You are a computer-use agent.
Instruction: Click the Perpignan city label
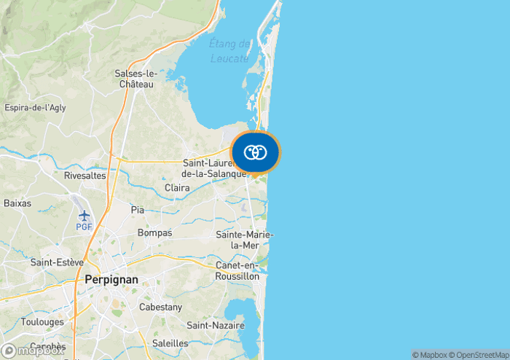[x=111, y=279]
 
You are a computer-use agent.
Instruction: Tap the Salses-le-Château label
[x=136, y=79]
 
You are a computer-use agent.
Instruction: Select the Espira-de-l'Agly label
[x=35, y=108]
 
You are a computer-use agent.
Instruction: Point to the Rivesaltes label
[x=85, y=176]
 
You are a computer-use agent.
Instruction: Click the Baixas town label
[x=17, y=203]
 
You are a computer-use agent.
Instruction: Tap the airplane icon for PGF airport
[x=85, y=215]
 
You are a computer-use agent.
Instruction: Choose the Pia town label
[x=138, y=210]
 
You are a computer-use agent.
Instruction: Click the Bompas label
[x=154, y=233]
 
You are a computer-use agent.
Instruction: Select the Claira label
[x=177, y=188]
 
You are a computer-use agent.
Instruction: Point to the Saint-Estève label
[x=58, y=262]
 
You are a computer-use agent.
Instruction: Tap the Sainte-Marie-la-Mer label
[x=244, y=240]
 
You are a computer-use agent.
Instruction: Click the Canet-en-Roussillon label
[x=238, y=270]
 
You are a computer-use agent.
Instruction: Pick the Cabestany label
[x=160, y=308]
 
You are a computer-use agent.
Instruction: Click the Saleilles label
[x=170, y=343]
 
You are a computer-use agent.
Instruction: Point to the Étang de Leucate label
[x=229, y=51]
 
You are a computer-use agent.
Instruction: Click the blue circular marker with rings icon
[x=255, y=152]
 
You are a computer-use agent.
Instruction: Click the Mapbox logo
[x=32, y=351]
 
